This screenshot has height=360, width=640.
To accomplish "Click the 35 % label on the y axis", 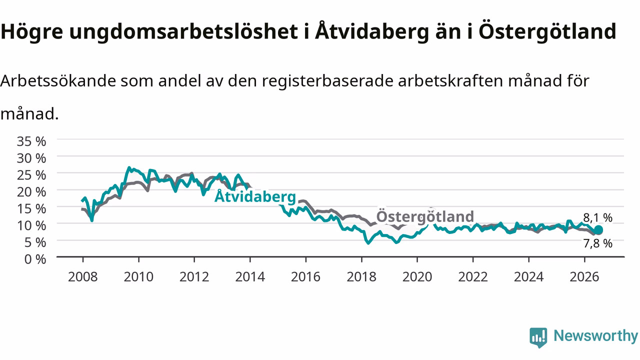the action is pyautogui.click(x=31, y=141).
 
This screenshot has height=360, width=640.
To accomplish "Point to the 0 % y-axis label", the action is pyautogui.click(x=35, y=259).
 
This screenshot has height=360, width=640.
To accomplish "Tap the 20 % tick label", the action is pyautogui.click(x=31, y=192).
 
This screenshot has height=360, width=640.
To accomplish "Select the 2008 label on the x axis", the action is pyautogui.click(x=83, y=277).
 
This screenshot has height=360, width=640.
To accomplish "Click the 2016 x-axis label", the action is pyautogui.click(x=305, y=277).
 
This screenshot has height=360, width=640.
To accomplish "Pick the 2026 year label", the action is pyautogui.click(x=584, y=277).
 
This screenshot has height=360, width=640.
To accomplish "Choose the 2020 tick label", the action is pyautogui.click(x=417, y=277).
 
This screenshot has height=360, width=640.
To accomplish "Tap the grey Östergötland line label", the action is pyautogui.click(x=425, y=216).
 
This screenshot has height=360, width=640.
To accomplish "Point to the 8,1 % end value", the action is pyautogui.click(x=597, y=218).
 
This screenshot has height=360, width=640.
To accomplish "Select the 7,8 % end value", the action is pyautogui.click(x=597, y=243).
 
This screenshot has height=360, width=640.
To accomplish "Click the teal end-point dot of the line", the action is pyautogui.click(x=598, y=230).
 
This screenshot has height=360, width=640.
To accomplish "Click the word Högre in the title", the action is pyautogui.click(x=31, y=32).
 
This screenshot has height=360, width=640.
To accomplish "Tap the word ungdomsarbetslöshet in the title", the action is pyautogui.click(x=183, y=31).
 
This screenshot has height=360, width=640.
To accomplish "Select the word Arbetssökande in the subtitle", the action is pyautogui.click(x=58, y=81).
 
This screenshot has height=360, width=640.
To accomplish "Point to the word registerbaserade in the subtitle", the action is pyautogui.click(x=327, y=81).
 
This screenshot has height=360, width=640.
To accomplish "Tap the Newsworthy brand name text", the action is pyautogui.click(x=595, y=335).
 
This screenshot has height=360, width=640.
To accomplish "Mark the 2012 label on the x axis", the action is pyautogui.click(x=194, y=277).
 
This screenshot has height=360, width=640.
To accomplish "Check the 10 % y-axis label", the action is pyautogui.click(x=31, y=225).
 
